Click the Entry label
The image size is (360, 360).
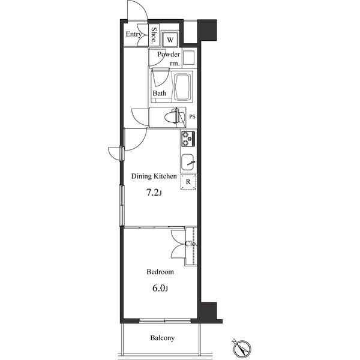pyautogui.click(x=133, y=34)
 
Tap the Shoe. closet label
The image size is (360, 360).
pyautogui.click(x=154, y=35)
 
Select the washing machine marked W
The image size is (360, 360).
pyautogui.click(x=170, y=40)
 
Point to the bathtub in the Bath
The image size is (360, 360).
pyautogui.click(x=183, y=87)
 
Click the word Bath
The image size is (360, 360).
pyautogui.click(x=160, y=93)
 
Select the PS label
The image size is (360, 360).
pyautogui.click(x=192, y=116)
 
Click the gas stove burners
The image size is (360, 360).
pyautogui.click(x=188, y=139)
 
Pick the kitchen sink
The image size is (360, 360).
pyautogui.click(x=188, y=162)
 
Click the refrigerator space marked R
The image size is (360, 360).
pyautogui.click(x=188, y=182)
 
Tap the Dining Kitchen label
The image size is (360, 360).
pyautogui.click(x=154, y=176)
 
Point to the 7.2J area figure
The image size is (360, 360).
pyautogui.click(x=154, y=193)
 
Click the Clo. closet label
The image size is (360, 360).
pyautogui.click(x=191, y=244)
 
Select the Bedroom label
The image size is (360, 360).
pyautogui.click(x=160, y=272)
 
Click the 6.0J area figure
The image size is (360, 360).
pyautogui.click(x=160, y=288)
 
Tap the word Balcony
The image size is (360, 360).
pyautogui.click(x=163, y=338)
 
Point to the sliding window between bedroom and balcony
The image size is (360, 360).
pyautogui.click(x=165, y=321)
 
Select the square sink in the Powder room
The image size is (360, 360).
pyautogui.click(x=189, y=58)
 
